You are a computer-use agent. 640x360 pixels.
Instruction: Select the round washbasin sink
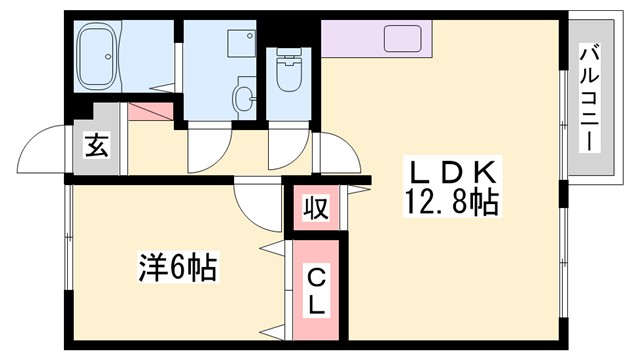point(243,97)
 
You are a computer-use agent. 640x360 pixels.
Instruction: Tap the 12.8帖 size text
point(452,203)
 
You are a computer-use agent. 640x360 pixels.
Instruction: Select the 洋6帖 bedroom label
point(177,268)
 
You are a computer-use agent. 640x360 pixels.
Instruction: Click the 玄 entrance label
point(95,146)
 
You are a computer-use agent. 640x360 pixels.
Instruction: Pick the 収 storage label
point(315,209)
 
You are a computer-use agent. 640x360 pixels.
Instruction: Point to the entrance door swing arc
point(45,150)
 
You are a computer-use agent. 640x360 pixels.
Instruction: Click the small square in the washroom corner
point(240,41)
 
